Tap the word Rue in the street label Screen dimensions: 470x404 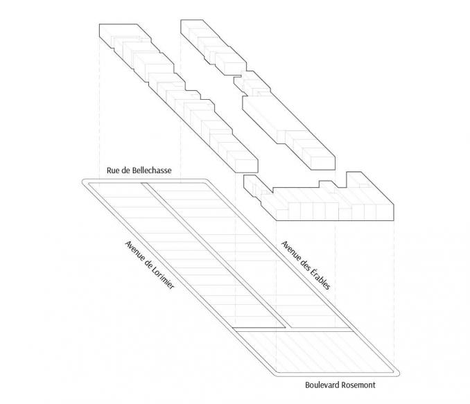point(112,170)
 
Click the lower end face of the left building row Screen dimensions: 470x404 point(247,166)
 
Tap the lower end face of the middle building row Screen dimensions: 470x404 point(323,164)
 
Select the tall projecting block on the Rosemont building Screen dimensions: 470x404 point(354,179)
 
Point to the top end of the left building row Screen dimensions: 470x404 point(119,30)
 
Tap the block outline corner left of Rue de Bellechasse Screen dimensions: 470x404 point(85,182)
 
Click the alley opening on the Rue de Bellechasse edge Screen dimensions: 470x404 point(144,183)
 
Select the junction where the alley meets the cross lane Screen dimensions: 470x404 point(287,328)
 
